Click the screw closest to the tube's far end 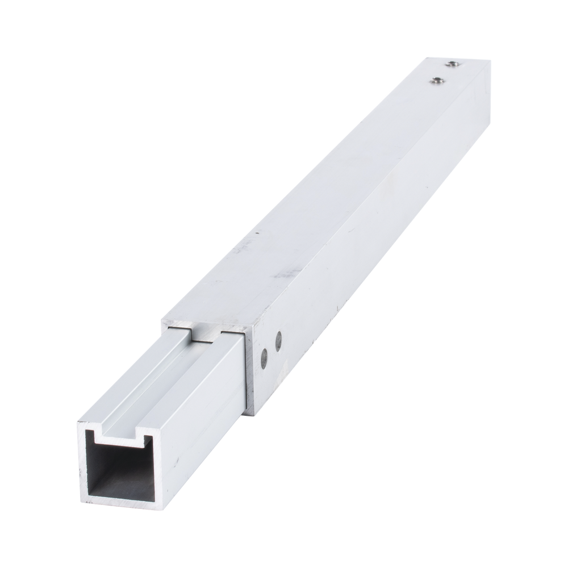pos(452,64)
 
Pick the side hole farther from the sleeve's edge pos(278,341)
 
